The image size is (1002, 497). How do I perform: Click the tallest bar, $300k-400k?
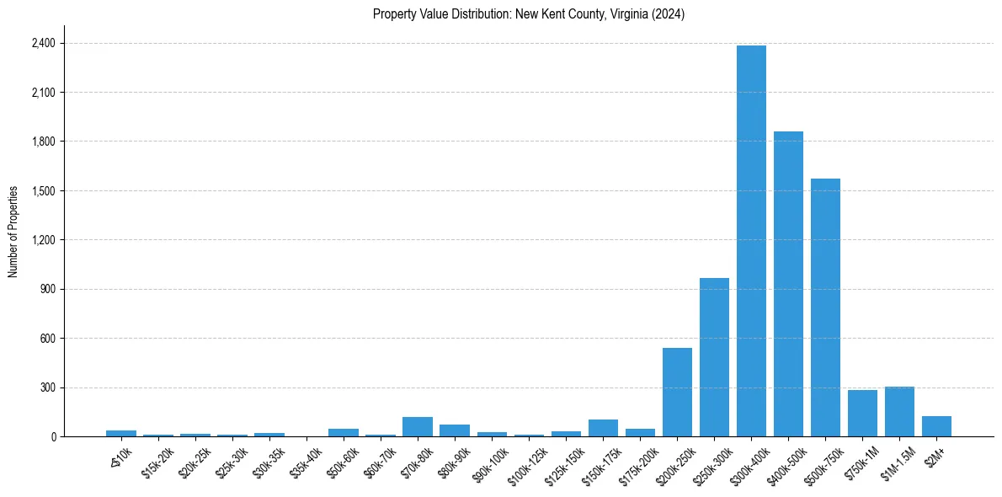tap(751, 241)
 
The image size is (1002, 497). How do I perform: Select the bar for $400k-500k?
tap(788, 284)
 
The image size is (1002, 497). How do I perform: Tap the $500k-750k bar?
tap(825, 307)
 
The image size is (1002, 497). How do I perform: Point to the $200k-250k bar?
tap(677, 393)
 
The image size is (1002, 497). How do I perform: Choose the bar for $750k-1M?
tap(862, 414)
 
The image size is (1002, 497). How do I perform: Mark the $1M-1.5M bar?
tap(899, 412)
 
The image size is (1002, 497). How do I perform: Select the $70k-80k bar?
tap(418, 427)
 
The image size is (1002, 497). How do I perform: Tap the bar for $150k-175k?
tap(603, 428)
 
